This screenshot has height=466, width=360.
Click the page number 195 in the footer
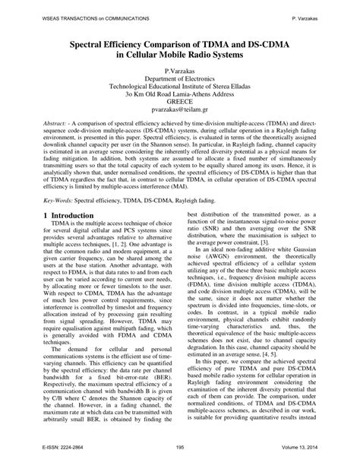click(180, 449)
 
